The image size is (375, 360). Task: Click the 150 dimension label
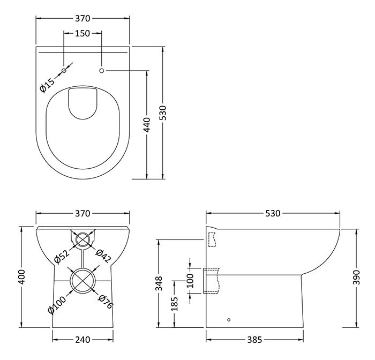(x=82, y=33)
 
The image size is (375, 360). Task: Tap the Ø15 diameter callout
(x=47, y=85)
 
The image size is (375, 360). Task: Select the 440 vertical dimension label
(x=147, y=125)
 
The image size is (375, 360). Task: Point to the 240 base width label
(x=82, y=340)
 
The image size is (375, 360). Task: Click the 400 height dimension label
(x=21, y=277)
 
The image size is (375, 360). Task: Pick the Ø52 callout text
(x=62, y=257)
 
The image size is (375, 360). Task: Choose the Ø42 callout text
(x=103, y=256)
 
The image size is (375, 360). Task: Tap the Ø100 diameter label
(x=57, y=305)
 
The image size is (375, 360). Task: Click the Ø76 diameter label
(x=106, y=302)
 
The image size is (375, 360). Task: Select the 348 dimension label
(x=159, y=283)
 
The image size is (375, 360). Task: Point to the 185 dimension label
(x=175, y=304)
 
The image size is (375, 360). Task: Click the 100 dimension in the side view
(x=190, y=281)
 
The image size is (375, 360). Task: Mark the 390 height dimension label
(x=356, y=277)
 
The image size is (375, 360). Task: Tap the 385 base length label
(x=254, y=340)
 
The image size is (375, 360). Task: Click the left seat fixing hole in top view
(x=64, y=71)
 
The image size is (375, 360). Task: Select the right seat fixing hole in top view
(x=102, y=71)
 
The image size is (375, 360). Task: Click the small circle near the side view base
(x=229, y=320)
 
